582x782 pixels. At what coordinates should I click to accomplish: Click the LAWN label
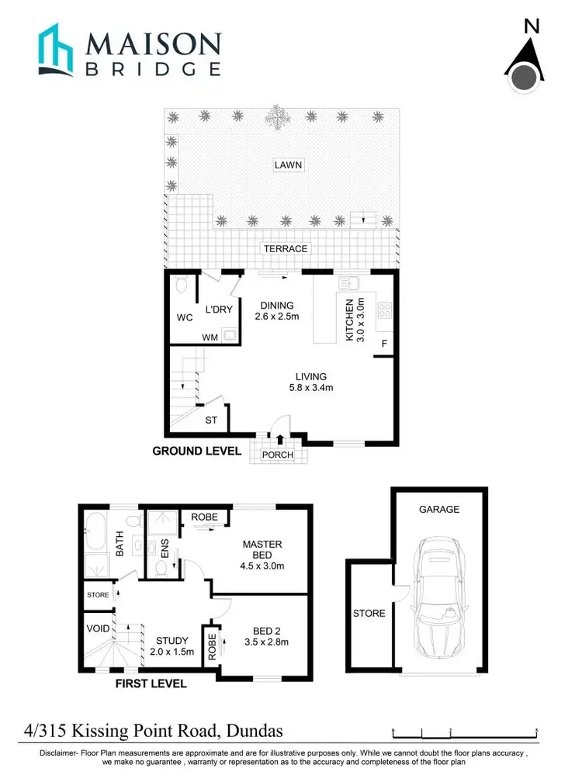click(x=287, y=164)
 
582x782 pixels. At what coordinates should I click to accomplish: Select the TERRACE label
click(x=285, y=248)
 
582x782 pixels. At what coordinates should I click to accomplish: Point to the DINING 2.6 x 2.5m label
click(x=277, y=311)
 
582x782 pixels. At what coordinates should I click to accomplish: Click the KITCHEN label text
click(x=350, y=320)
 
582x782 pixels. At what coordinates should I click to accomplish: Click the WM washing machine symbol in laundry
click(x=228, y=336)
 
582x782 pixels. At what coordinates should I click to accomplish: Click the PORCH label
click(x=278, y=455)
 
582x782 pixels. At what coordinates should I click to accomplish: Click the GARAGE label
click(x=439, y=510)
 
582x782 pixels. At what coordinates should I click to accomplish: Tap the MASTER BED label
click(x=262, y=549)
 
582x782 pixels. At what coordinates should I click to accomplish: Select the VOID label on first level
click(x=96, y=629)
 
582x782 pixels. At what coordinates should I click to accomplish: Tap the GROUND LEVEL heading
click(x=196, y=452)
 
